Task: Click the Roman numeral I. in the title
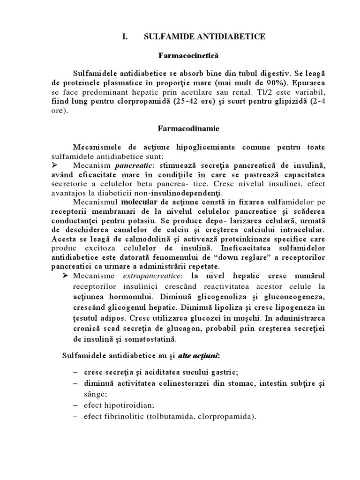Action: pos(124,36)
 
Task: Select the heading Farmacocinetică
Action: pos(180,56)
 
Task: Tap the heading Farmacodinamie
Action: pos(180,127)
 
